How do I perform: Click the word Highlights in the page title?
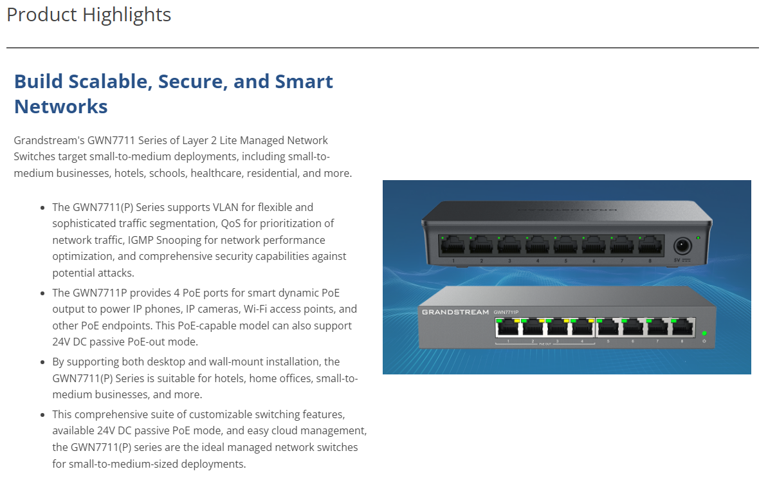point(127,15)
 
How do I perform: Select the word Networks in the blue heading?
point(60,106)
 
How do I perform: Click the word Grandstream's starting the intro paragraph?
point(50,140)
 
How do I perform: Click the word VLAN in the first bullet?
point(226,207)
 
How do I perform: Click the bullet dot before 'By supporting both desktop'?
point(42,362)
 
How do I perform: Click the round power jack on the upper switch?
point(682,246)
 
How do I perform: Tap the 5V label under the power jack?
point(677,260)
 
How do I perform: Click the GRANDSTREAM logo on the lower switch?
point(455,312)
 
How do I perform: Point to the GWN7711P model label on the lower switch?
point(506,312)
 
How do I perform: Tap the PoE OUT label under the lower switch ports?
point(545,344)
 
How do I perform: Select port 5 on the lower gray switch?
point(608,327)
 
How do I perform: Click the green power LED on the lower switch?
point(704,333)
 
